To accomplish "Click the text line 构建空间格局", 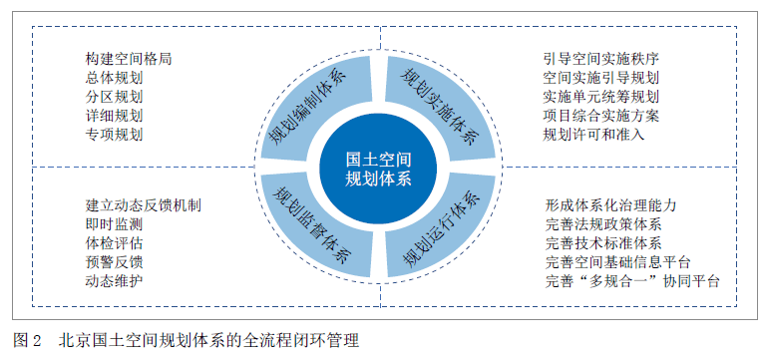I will pos(129,59).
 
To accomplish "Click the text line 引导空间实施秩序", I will pos(600,59).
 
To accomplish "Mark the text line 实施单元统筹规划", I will pos(600,97).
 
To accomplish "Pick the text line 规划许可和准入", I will pos(593,134).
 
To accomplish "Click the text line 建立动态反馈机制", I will pos(144,205).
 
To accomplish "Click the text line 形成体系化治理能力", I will pos(611,205).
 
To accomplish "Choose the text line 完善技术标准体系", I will pos(604,243).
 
